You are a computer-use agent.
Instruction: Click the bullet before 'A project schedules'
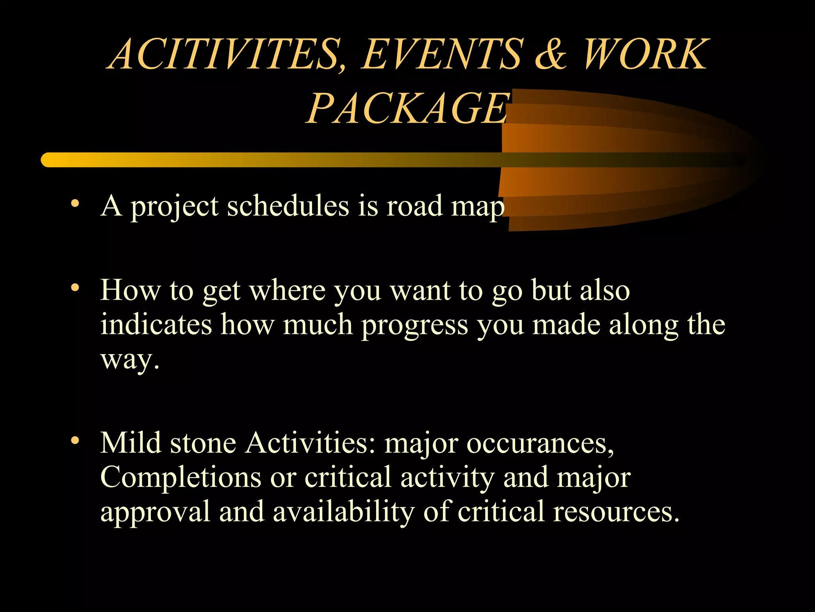click(75, 204)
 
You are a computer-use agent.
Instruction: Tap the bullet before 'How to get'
click(75, 288)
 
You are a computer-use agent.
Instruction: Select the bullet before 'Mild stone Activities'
click(75, 441)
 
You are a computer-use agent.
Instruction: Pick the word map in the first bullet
click(478, 207)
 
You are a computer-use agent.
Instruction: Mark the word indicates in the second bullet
click(156, 325)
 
